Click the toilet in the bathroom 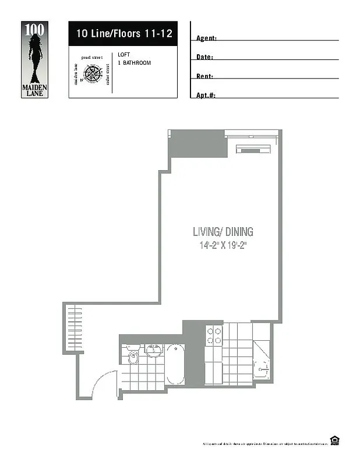(133, 356)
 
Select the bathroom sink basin (154, 351)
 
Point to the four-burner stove (214, 336)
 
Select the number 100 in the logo (34, 29)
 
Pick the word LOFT (123, 54)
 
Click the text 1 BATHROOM (134, 62)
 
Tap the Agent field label (206, 38)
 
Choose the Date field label (204, 57)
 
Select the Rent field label (204, 76)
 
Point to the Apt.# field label (206, 95)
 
